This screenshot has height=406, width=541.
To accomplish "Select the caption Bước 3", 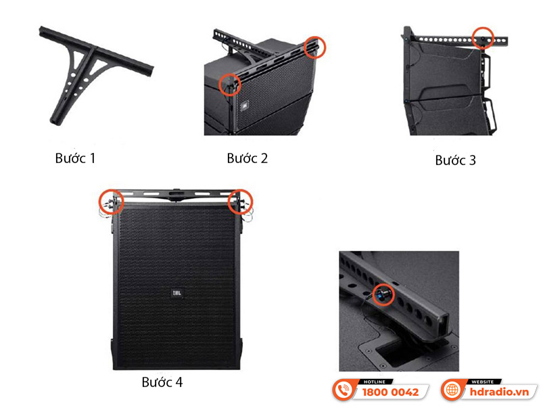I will coord(455,160).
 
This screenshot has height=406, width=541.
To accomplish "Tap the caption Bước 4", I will coord(162,382).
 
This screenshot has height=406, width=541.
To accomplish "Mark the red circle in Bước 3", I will coord(483,37).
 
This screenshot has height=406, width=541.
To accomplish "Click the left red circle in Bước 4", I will coord(111,201).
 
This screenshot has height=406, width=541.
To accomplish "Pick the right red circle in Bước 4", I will coord(239,200).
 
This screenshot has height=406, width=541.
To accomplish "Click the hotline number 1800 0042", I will coord(391,392).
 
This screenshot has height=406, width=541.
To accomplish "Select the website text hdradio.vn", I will coord(497,392).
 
